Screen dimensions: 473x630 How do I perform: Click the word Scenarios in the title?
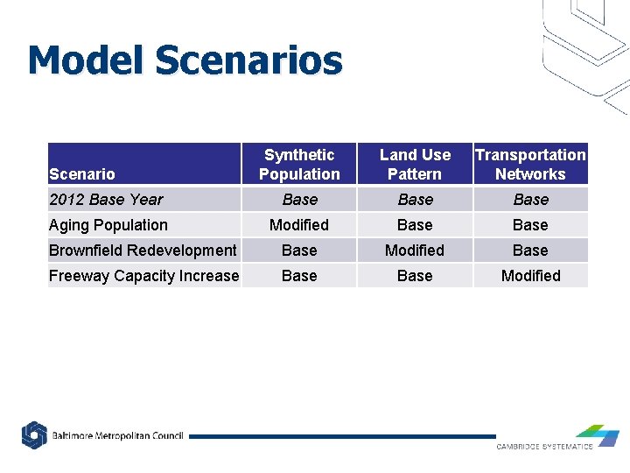coord(248,60)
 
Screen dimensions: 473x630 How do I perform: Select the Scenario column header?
coord(82,174)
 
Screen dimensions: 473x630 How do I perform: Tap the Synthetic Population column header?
coord(299,165)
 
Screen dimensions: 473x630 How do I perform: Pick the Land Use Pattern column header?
coord(415,165)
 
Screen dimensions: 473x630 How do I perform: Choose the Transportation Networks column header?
coord(530,165)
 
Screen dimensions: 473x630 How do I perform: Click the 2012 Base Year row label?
coord(106,200)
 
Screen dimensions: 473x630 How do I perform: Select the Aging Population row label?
coord(108,225)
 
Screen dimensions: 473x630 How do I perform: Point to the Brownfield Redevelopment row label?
coord(143,251)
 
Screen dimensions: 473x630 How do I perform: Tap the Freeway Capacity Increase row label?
coord(143,276)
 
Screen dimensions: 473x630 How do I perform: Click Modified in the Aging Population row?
coord(299,225)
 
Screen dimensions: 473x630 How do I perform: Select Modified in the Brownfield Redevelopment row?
coord(415,251)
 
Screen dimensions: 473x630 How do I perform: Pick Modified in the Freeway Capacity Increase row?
coord(530,276)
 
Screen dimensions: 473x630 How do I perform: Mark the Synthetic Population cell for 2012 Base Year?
coord(299,200)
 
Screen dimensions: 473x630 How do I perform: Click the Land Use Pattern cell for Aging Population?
coord(415,225)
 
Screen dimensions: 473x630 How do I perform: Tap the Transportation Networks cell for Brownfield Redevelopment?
coord(530,251)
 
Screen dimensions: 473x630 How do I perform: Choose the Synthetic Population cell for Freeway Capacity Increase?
coord(299,276)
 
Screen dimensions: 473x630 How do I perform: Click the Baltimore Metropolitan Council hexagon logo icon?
coord(34,435)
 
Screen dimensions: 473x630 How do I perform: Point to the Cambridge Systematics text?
coord(544,447)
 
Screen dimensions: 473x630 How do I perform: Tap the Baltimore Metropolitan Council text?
coord(117,435)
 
